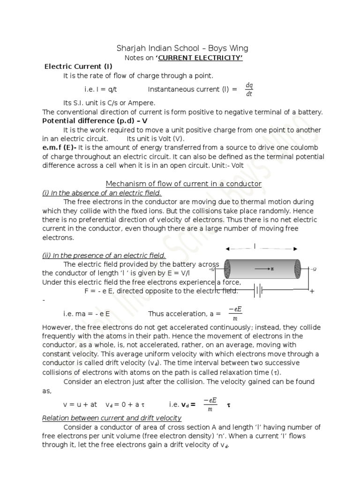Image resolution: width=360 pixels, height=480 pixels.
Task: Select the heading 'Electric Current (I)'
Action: [x=78, y=67]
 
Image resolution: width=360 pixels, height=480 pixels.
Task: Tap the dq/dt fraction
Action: [x=249, y=89]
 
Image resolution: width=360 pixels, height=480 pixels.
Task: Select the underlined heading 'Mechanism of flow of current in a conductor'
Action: [x=183, y=184]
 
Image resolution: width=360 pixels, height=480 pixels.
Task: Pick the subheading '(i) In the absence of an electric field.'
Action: [x=102, y=193]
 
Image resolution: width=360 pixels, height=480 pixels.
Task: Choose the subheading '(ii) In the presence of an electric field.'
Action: [x=104, y=255]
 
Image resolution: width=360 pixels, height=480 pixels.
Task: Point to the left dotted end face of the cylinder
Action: [x=227, y=269]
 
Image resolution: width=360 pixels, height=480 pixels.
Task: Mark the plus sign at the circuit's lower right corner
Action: [x=311, y=292]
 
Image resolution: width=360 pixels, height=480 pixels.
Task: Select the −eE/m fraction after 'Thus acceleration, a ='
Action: [x=234, y=314]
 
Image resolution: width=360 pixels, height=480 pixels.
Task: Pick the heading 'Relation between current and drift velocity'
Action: [x=112, y=418]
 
